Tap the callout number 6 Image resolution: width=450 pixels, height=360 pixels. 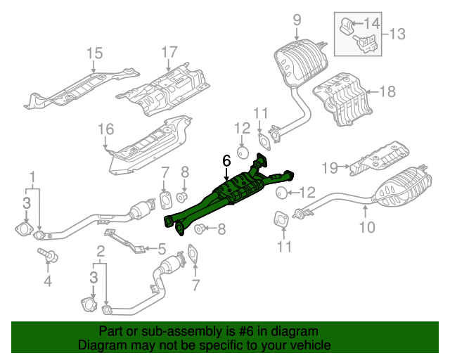226,161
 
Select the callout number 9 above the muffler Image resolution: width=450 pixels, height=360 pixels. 296,19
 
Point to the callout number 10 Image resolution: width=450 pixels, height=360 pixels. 367,226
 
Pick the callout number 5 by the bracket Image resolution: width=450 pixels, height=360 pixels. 161,248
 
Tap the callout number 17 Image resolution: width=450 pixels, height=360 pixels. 169,52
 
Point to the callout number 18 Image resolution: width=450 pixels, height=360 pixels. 388,91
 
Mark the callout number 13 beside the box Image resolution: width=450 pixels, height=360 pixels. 397,33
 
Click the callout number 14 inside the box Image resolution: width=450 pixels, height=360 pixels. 371,24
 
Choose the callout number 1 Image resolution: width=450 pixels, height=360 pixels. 32,175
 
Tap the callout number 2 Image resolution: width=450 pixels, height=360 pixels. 101,251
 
